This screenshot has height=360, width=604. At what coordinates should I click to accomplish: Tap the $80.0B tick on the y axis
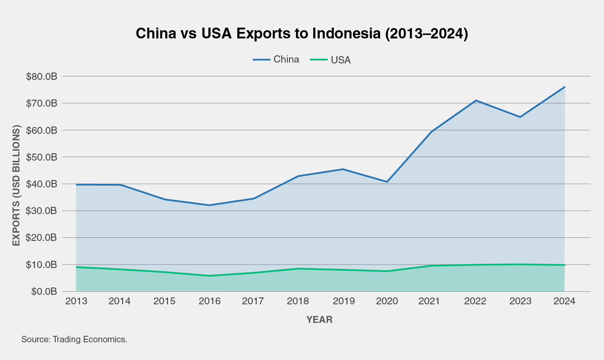pyautogui.click(x=41, y=77)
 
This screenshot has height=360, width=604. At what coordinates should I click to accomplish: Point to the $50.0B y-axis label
pyautogui.click(x=41, y=157)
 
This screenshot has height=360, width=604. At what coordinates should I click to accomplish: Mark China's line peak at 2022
pyautogui.click(x=476, y=101)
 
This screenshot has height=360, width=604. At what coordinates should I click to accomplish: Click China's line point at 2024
pyautogui.click(x=564, y=87)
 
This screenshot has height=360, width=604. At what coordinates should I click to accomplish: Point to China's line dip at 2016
pyautogui.click(x=209, y=205)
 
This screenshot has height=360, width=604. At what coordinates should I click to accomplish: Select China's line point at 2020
pyautogui.click(x=387, y=182)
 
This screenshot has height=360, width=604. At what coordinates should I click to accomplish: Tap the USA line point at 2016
pyautogui.click(x=209, y=276)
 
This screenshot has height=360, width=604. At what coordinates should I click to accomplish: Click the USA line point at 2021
pyautogui.click(x=431, y=265)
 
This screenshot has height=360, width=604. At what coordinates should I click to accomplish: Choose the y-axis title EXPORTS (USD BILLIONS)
pyautogui.click(x=16, y=186)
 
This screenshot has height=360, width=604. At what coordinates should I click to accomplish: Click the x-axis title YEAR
pyautogui.click(x=319, y=320)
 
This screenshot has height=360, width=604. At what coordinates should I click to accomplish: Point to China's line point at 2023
pyautogui.click(x=520, y=117)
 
